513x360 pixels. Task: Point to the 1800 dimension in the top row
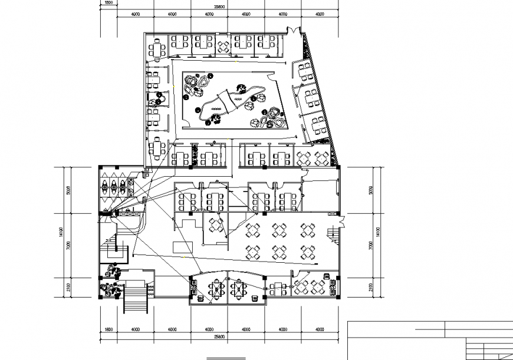(x=108, y=2)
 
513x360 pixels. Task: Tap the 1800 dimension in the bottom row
(x=108, y=329)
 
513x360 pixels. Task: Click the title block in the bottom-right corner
(x=430, y=340)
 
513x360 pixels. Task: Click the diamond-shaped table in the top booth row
(x=223, y=47)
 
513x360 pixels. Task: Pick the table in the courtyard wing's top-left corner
(x=157, y=48)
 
